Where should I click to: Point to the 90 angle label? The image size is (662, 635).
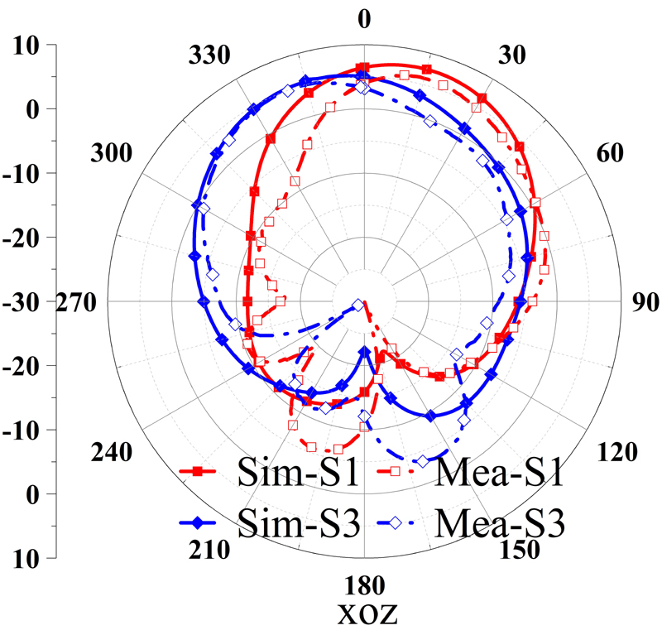pyautogui.click(x=641, y=302)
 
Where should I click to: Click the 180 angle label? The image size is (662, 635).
pyautogui.click(x=362, y=587)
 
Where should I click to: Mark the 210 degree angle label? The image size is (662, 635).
pyautogui.click(x=207, y=550)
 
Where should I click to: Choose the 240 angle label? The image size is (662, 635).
pyautogui.click(x=111, y=452)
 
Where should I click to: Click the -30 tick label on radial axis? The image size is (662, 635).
pyautogui.click(x=28, y=302)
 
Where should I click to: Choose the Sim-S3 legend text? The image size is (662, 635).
pyautogui.click(x=297, y=523)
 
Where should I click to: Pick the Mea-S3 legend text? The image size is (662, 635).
pyautogui.click(x=499, y=523)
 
